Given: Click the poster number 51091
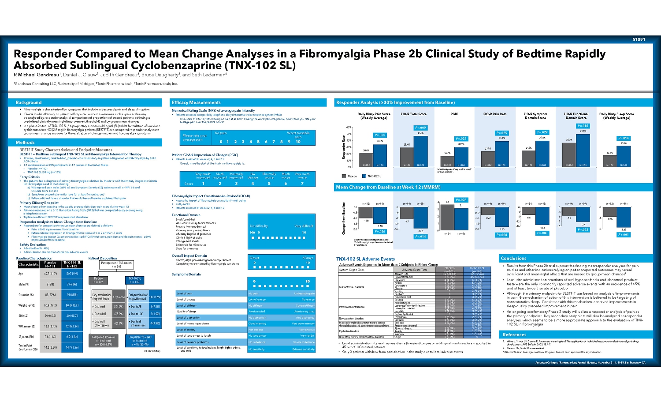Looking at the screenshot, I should (639, 40).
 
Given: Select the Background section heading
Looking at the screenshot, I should (29, 102).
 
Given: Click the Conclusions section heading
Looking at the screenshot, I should (513, 258).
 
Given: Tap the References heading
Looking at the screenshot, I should (514, 334).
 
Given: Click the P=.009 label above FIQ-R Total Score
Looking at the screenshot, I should (420, 128).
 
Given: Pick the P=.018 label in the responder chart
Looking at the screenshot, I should (583, 126).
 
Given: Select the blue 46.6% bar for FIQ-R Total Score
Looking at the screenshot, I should (420, 151).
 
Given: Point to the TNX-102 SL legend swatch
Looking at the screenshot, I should (364, 176).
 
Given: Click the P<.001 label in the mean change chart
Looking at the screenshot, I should (623, 234).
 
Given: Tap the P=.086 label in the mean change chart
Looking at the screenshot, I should (379, 231).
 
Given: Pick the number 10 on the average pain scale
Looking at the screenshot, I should (298, 142).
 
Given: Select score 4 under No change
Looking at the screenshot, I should (253, 184).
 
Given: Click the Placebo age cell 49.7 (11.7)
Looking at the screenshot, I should (50, 274).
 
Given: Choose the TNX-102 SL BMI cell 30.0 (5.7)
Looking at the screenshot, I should (72, 316).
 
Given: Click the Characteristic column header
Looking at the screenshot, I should (29, 264).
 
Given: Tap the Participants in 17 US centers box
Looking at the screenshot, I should (116, 265).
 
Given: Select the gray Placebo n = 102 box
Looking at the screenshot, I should (98, 280).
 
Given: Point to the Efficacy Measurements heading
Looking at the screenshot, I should (196, 102).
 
